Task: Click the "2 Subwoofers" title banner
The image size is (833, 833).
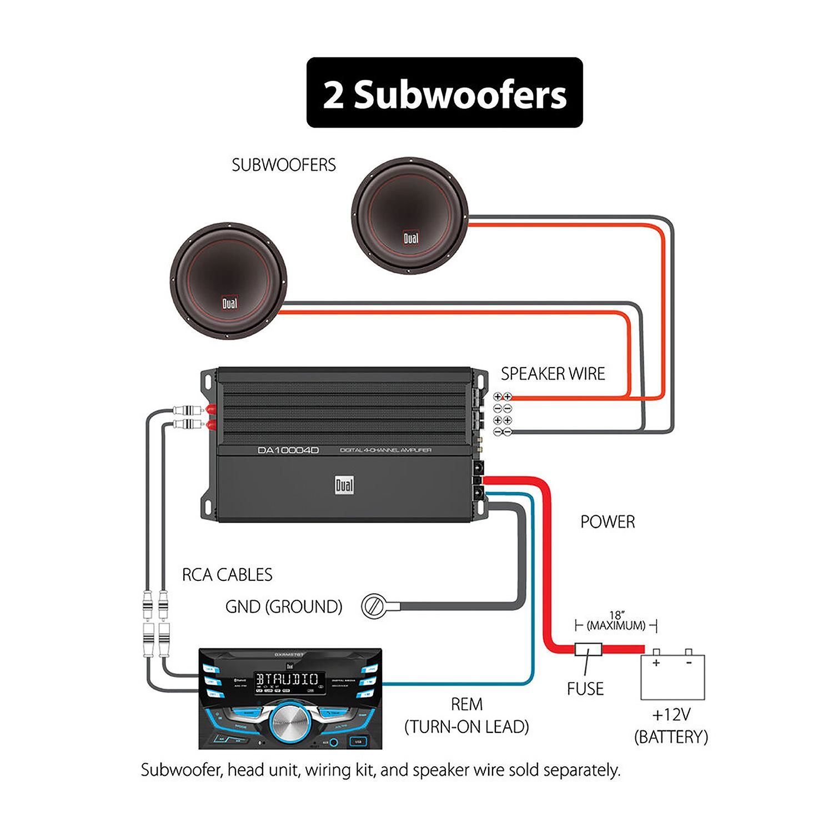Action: (444, 93)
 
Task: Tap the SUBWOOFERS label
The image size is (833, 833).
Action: (284, 165)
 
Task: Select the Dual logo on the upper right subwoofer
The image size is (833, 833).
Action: (411, 238)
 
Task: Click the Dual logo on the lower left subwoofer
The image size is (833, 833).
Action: (229, 303)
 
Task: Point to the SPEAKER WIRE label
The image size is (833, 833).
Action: (553, 374)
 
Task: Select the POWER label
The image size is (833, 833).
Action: (608, 521)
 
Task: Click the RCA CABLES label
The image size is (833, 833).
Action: (227, 574)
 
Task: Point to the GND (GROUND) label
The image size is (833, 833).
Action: (284, 606)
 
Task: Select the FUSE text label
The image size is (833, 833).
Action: (585, 689)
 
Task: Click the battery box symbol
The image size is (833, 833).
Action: (673, 676)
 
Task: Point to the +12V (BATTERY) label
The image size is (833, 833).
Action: (671, 726)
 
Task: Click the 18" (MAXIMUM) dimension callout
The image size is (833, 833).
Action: (616, 621)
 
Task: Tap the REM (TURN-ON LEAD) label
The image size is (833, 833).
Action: (466, 715)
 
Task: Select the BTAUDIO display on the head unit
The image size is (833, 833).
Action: (287, 679)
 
